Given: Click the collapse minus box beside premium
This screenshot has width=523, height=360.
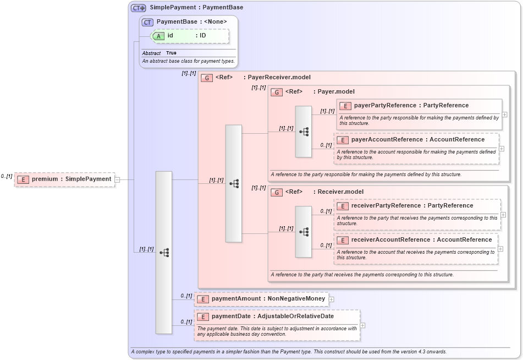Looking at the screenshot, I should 117,179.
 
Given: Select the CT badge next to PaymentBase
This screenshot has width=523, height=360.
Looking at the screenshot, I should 147,22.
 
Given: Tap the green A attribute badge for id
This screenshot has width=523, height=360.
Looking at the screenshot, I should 158,36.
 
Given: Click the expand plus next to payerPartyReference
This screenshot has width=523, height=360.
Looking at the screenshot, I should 504,114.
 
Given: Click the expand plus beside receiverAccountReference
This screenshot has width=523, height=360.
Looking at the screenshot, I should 500,248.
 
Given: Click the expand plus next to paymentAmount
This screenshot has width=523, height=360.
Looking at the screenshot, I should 331,299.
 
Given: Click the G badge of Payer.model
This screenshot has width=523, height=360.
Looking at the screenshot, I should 276,92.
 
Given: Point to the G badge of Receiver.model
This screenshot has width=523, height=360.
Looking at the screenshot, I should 276,192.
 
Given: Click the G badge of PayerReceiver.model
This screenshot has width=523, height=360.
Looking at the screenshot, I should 207,78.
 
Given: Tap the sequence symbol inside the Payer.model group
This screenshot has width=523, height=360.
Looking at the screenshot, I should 304,132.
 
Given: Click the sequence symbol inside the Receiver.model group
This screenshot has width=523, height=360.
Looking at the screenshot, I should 304,232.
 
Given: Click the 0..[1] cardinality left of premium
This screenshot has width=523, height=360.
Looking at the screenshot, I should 7,176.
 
